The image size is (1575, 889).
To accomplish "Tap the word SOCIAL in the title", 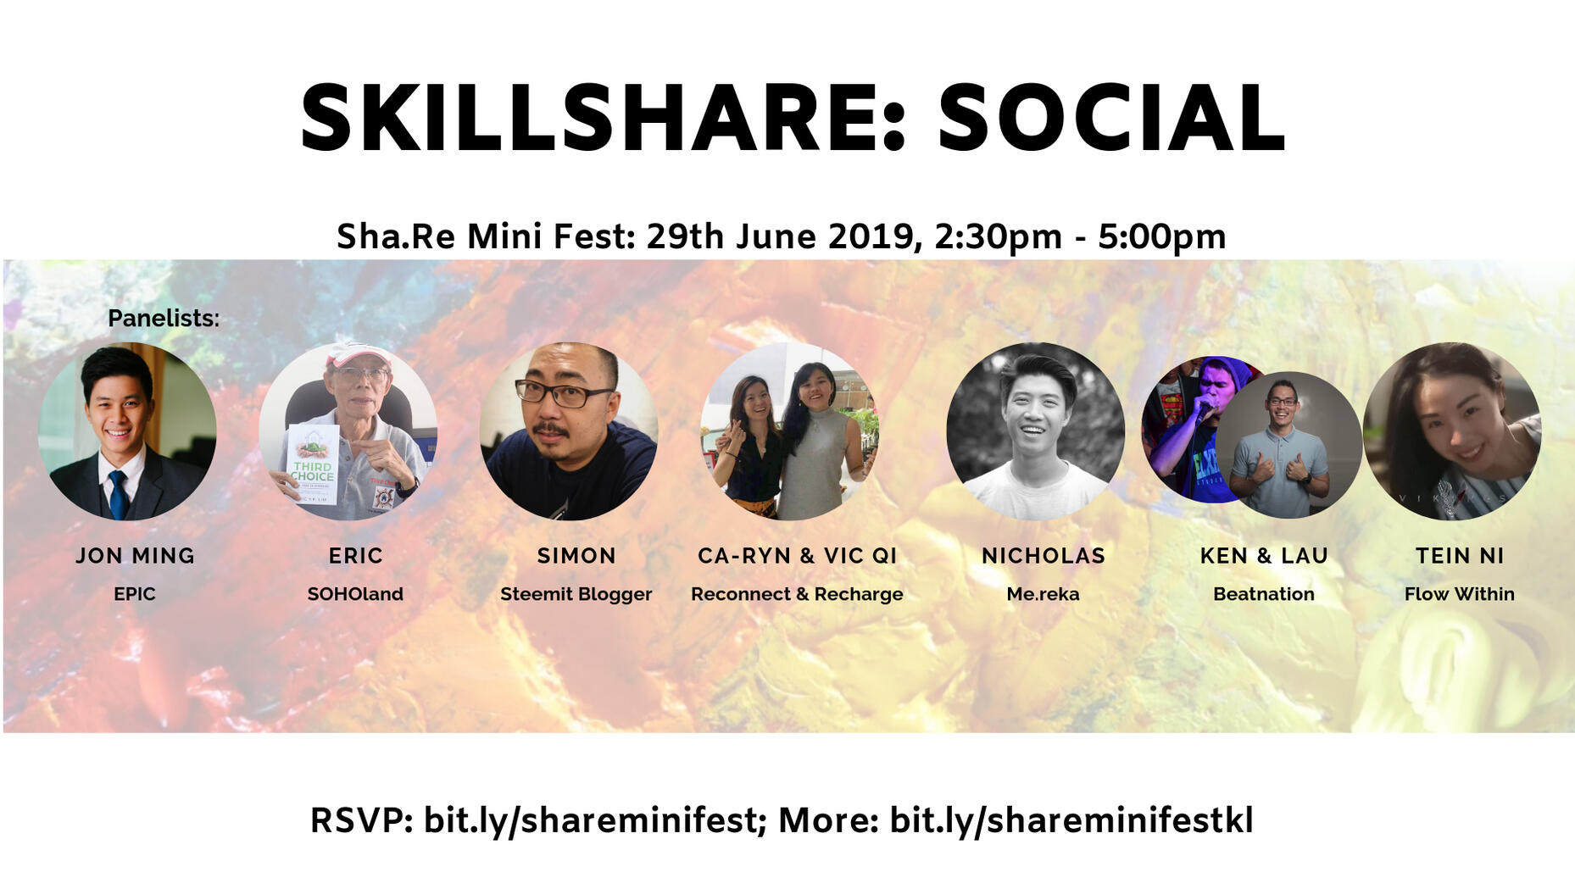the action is coord(1111,119).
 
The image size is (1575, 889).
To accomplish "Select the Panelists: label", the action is coord(164,319).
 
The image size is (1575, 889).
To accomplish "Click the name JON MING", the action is coord(136,556).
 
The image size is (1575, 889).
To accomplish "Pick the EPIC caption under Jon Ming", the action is coord(135,594).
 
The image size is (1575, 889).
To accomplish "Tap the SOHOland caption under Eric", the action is coord(355,594).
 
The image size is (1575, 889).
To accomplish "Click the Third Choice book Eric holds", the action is coord(313,465).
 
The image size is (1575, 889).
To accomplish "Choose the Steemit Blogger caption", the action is coord(576,594).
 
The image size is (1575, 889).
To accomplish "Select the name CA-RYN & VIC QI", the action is coord(797,556).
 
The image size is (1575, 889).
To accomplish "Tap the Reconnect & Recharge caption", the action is coord(797,594).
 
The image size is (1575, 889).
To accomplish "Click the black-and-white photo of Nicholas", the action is coord(1035,431).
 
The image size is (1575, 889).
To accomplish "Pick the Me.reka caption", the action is coord(1043,594).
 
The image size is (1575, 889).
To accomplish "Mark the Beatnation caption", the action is coord(1264,594).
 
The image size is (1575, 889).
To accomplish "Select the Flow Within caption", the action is coord(1460,594).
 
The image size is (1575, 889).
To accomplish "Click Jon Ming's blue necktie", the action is coord(119,495).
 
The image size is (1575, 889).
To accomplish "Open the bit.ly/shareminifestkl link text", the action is coord(1071,820).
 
